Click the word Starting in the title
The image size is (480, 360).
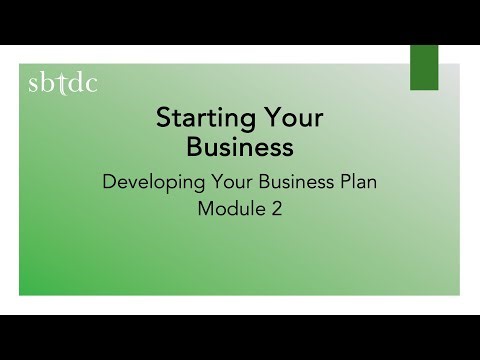click(203, 119)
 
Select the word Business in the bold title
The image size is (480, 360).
click(240, 147)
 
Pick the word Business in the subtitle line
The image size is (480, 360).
click(291, 183)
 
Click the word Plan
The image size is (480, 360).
click(357, 183)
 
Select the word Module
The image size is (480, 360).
click(229, 210)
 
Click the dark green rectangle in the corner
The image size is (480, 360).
click(424, 67)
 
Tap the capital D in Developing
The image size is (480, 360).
click(109, 183)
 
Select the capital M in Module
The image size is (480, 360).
click(206, 210)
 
